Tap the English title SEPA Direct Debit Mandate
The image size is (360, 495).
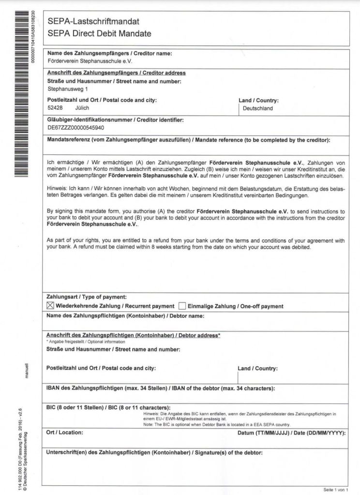[99, 34]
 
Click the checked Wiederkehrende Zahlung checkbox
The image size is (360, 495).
[50, 306]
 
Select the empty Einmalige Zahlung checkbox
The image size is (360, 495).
[182, 306]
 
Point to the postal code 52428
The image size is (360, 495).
[55, 108]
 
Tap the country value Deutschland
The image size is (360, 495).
[257, 108]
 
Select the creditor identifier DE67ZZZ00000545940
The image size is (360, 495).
[75, 128]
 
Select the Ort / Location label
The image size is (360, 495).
[64, 432]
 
